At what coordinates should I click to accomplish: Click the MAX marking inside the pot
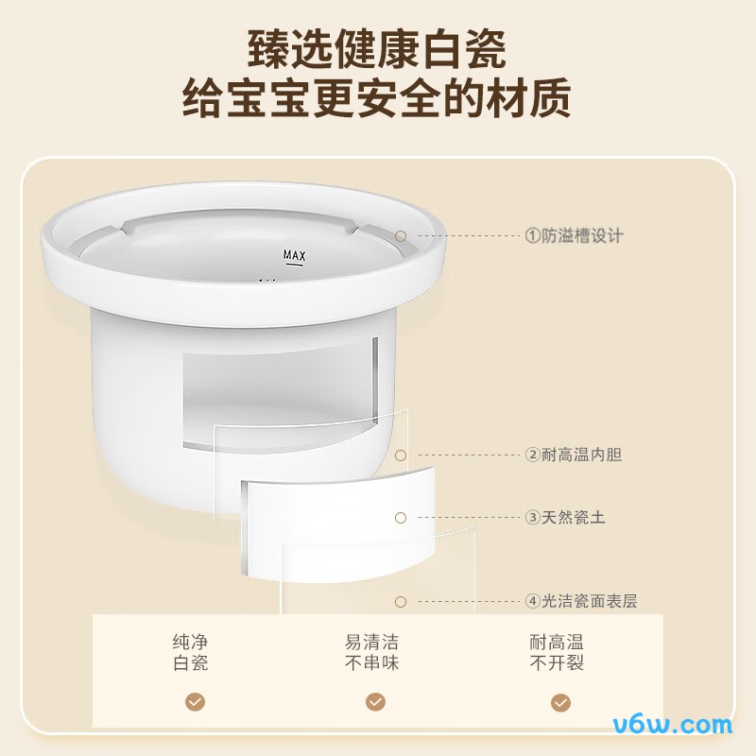[x=294, y=255]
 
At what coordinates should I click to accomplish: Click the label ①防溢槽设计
[x=574, y=235]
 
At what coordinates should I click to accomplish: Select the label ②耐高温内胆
[x=574, y=455]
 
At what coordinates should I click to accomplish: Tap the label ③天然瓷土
[x=564, y=517]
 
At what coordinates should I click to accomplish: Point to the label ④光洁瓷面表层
[x=581, y=601]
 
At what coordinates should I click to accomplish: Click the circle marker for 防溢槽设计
[x=401, y=235]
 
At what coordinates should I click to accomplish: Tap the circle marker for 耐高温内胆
[x=401, y=455]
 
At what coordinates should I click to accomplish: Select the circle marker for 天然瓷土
[x=401, y=518]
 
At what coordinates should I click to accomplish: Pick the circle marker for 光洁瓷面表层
[x=401, y=602]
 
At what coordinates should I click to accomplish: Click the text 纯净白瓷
[x=191, y=652]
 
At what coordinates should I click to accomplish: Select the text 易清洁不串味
[x=371, y=652]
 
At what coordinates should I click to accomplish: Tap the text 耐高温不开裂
[x=557, y=652]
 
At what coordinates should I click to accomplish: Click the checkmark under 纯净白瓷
[x=196, y=702]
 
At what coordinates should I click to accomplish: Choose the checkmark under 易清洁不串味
[x=375, y=702]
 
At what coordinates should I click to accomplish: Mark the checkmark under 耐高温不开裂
[x=560, y=702]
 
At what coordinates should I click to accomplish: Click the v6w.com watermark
[x=673, y=725]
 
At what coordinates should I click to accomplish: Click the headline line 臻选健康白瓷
[x=377, y=50]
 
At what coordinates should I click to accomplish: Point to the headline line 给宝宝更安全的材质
[x=377, y=99]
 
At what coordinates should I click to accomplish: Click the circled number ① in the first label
[x=532, y=235]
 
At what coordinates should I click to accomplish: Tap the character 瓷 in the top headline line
[x=486, y=50]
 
